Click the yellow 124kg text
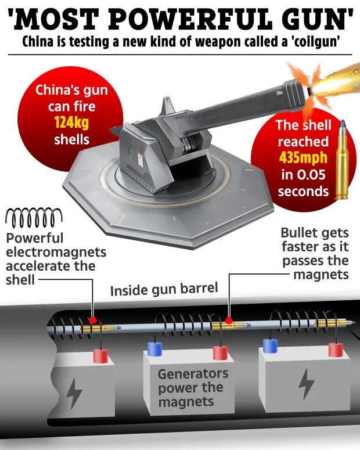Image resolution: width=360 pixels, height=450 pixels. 72,123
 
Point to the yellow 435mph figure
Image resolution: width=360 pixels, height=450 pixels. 303,157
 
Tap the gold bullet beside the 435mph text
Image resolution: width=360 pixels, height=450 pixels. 342,160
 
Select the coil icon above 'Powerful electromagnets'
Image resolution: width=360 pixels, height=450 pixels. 34,217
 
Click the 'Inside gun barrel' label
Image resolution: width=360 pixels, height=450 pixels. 164,289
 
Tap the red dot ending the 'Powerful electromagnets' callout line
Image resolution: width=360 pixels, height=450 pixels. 92,320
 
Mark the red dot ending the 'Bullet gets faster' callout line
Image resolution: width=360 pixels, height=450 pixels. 229,321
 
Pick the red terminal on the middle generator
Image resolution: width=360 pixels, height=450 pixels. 221,352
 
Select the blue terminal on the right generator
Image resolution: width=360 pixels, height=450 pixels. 270,345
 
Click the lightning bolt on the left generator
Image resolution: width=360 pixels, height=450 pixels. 74,393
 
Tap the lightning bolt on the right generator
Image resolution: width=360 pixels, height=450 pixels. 307,384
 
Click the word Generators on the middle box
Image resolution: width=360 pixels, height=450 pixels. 193,374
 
